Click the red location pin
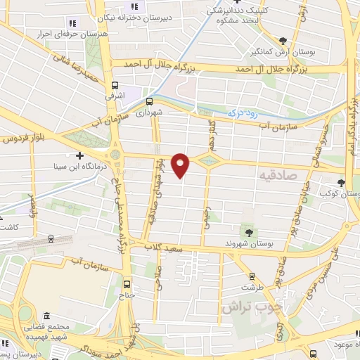181,165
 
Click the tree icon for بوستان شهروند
247,231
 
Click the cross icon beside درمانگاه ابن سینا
79,155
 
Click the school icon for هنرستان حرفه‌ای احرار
72,24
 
